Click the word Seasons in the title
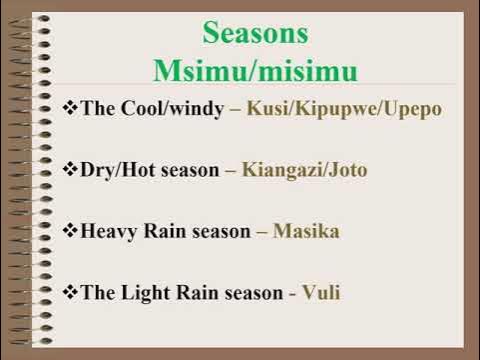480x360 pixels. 255,32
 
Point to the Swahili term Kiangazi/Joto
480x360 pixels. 304,170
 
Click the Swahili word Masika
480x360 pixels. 306,232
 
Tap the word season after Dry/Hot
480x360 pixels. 189,171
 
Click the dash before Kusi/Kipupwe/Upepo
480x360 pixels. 233,109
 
